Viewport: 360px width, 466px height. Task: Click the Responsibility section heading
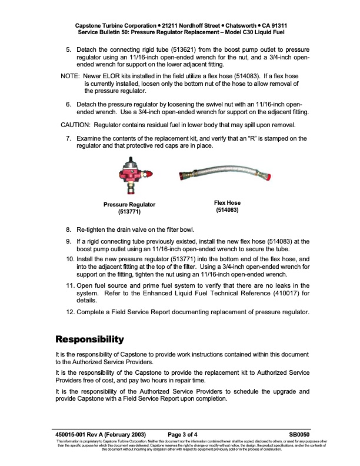click(x=97, y=339)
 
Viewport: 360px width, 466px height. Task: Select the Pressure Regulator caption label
click(x=129, y=204)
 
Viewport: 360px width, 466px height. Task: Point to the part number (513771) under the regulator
click(x=129, y=212)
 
